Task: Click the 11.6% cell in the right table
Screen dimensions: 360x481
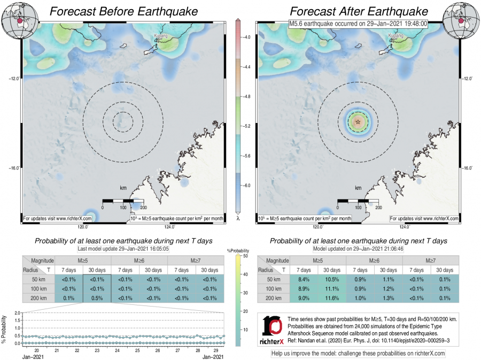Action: (332, 297)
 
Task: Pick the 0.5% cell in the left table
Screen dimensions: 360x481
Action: (97, 297)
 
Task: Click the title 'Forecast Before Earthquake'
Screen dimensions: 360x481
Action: (121, 11)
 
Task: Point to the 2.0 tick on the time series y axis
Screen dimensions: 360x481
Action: (18, 312)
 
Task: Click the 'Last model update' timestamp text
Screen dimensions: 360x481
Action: (121, 249)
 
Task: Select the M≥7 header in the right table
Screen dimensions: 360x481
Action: (430, 260)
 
